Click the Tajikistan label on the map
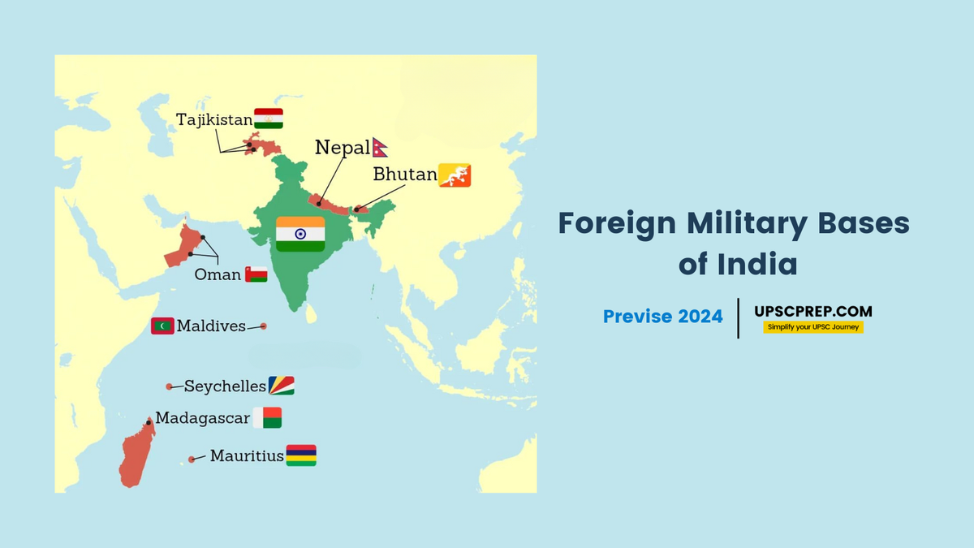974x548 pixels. [214, 120]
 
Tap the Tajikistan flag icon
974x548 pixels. [269, 119]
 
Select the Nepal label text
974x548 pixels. [343, 148]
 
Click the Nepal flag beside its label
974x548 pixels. [380, 147]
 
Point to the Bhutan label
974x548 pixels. [404, 175]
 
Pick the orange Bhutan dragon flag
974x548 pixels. [455, 175]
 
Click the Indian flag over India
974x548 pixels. [300, 234]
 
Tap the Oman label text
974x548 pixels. [218, 275]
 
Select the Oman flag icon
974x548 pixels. [256, 274]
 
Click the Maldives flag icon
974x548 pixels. [162, 326]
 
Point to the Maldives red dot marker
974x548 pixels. [263, 326]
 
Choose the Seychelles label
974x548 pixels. [225, 386]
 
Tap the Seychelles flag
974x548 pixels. [282, 386]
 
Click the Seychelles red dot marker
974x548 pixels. [169, 386]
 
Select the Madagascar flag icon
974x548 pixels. [267, 418]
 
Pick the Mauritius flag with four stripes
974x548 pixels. [301, 455]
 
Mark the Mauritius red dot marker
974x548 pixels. [192, 460]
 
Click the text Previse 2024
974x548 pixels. [662, 317]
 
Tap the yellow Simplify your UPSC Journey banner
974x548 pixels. [812, 327]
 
